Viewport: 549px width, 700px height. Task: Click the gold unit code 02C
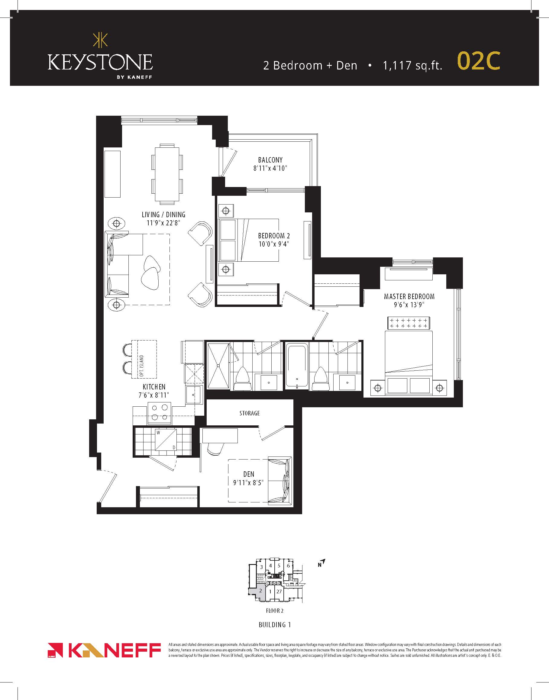pos(479,61)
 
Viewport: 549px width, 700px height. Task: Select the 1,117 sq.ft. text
pos(412,66)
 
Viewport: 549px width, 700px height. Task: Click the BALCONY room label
pos(270,160)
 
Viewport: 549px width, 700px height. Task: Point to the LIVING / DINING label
pos(163,215)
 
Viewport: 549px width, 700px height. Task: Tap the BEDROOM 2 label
pos(274,236)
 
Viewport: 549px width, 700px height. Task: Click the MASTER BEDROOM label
pos(409,296)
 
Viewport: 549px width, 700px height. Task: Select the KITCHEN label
pos(154,387)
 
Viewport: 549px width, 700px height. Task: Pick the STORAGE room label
pos(250,413)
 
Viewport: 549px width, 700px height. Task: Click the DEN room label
pos(249,474)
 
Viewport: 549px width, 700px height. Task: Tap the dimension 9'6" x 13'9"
pos(409,305)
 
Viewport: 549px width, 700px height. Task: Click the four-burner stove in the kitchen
pos(160,413)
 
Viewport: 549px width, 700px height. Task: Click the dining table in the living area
pos(167,174)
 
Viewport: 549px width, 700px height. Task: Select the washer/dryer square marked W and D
pos(166,440)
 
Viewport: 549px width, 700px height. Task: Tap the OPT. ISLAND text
pos(141,366)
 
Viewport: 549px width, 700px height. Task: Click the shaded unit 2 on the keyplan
pos(259,590)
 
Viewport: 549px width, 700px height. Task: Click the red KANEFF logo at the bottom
pos(104,650)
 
